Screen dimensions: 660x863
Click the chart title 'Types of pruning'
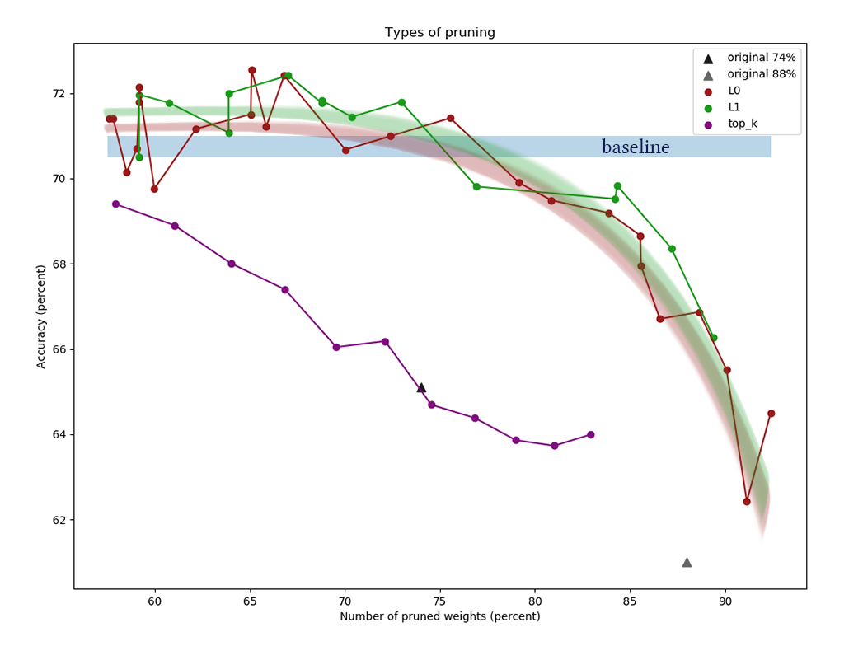click(x=439, y=33)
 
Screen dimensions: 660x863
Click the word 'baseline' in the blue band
click(x=636, y=147)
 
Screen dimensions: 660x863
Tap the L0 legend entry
click(x=739, y=91)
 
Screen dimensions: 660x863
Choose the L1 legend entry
click(x=739, y=107)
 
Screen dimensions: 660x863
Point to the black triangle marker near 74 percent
click(x=421, y=387)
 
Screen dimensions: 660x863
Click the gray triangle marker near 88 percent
click(x=687, y=562)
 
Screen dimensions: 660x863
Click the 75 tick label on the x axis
click(x=440, y=602)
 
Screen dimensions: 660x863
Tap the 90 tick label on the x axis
click(x=725, y=602)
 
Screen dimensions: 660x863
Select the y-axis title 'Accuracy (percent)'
click(x=41, y=316)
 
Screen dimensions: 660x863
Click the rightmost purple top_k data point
click(x=591, y=435)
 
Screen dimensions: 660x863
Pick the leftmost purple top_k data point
click(x=115, y=204)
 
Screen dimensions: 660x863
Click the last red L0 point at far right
click(x=771, y=414)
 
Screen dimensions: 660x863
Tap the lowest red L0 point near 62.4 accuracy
click(x=747, y=501)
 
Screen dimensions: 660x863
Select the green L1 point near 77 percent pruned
click(x=476, y=186)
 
